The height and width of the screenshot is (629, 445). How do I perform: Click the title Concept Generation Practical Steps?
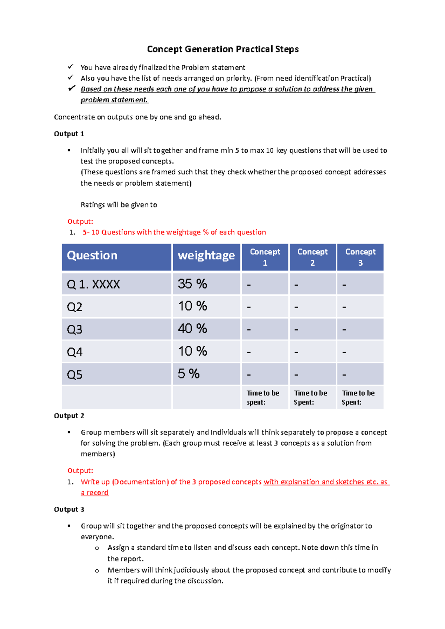(x=222, y=49)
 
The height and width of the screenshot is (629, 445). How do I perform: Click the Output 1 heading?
(x=69, y=134)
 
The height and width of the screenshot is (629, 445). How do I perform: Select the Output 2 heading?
(x=69, y=416)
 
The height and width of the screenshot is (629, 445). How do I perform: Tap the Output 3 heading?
(x=69, y=509)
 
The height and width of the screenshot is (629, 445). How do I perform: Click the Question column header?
(x=92, y=256)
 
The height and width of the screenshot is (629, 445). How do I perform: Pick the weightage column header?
(x=206, y=256)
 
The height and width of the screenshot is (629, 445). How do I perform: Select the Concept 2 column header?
(x=312, y=257)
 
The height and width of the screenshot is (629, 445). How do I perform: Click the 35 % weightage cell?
(x=192, y=284)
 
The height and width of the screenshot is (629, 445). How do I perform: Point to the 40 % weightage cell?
(x=192, y=329)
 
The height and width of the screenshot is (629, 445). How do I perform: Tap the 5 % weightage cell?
(x=188, y=374)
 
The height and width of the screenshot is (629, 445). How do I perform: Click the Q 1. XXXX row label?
(x=93, y=284)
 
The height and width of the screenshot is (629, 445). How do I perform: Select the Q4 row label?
(x=75, y=352)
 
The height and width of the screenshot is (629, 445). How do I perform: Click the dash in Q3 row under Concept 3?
(x=344, y=330)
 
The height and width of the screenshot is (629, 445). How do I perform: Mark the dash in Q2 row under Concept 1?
(x=249, y=307)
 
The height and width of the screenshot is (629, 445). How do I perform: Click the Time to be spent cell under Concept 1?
(x=263, y=397)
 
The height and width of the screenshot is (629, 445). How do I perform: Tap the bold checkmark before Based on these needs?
(x=72, y=89)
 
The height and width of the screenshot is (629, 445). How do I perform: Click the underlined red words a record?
(x=95, y=493)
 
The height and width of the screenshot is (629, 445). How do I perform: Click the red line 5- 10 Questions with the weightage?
(x=174, y=232)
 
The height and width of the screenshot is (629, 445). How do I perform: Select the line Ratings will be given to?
(x=119, y=205)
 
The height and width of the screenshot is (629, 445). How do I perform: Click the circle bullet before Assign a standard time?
(x=97, y=548)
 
